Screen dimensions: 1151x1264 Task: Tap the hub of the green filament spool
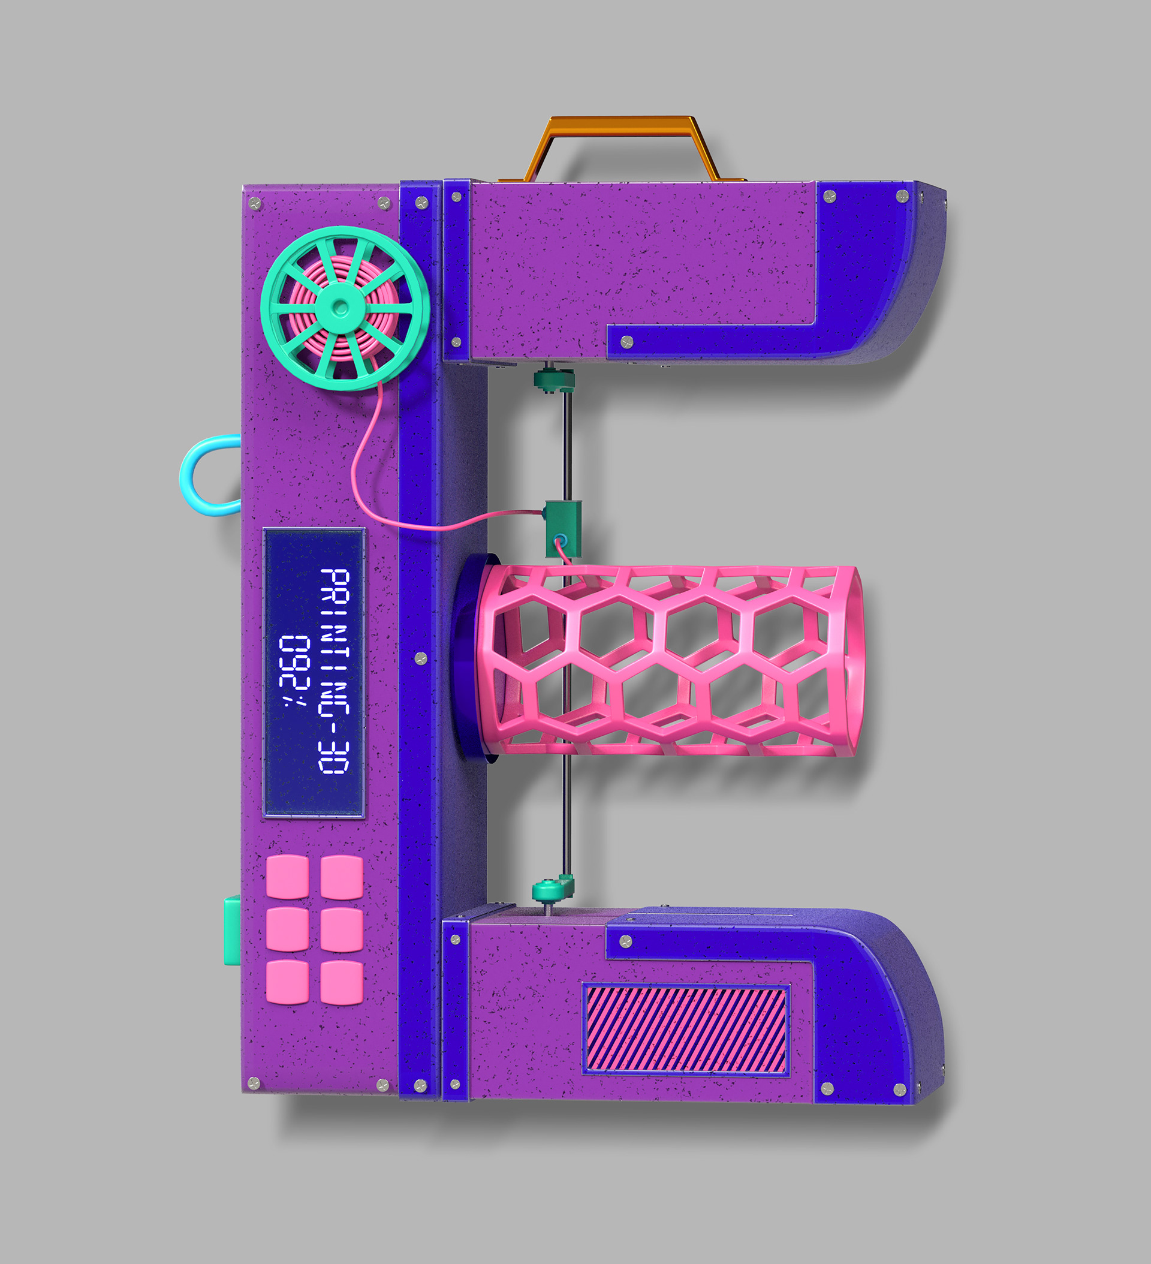point(339,307)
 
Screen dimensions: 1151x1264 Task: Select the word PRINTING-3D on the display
point(334,671)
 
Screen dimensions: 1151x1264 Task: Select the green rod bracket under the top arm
point(553,380)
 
